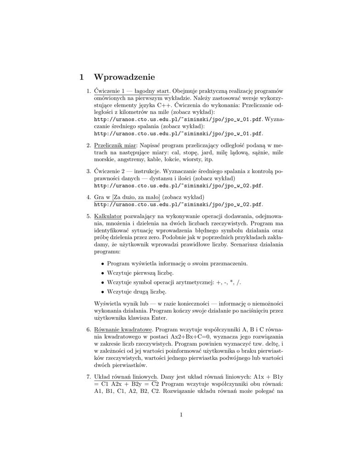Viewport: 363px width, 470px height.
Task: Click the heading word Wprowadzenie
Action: [x=124, y=76]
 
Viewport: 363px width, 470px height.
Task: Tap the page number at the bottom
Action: [x=181, y=415]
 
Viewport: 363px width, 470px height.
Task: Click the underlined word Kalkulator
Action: [x=107, y=215]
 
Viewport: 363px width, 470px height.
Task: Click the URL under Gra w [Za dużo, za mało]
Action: [x=178, y=204]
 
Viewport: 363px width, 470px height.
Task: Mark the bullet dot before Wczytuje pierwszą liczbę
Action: [x=102, y=273]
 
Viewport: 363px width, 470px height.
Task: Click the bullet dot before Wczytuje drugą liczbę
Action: [x=102, y=291]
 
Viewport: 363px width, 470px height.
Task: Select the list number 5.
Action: [x=89, y=215]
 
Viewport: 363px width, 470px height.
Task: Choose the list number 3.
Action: [x=89, y=171]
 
